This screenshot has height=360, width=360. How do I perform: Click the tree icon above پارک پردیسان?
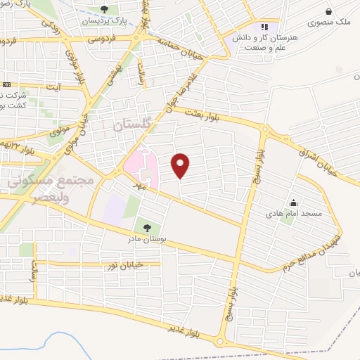104,9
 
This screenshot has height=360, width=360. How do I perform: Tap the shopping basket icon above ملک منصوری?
329,10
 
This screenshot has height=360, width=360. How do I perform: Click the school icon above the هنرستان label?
265,27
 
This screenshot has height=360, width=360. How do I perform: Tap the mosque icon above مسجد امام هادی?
292,202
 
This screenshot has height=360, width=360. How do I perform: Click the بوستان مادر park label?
146,240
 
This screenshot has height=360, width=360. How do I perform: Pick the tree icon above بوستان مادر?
146,228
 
